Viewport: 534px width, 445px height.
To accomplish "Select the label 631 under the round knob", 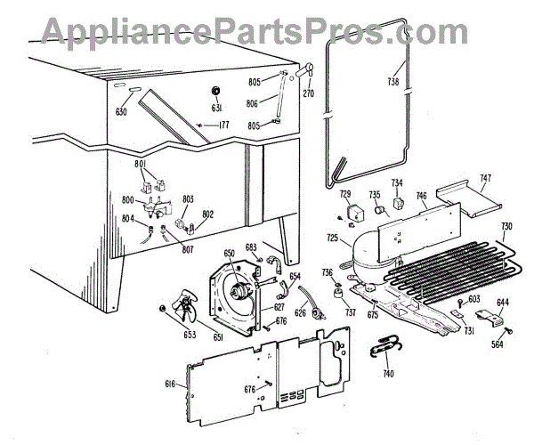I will click(216, 108).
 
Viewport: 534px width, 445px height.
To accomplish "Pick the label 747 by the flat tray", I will click(483, 179).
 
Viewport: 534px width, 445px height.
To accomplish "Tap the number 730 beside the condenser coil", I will click(506, 226).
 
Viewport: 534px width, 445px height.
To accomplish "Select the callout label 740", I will click(387, 374).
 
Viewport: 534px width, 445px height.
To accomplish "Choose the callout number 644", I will click(503, 303).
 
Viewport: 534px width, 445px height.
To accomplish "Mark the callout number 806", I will click(254, 103).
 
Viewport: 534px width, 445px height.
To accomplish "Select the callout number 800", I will click(129, 200).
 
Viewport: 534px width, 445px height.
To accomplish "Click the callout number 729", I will click(345, 194).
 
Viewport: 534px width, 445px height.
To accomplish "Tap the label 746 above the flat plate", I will click(421, 196).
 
